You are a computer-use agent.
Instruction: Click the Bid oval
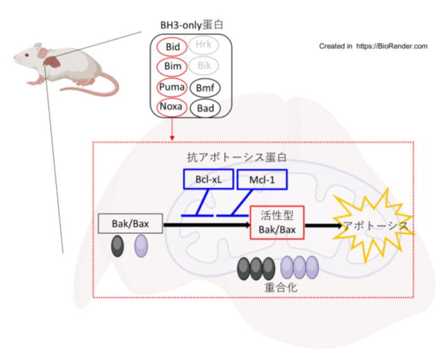172,46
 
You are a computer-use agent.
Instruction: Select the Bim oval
172,66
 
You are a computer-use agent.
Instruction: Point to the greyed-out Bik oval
204,66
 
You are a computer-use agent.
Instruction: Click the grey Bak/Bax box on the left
129,223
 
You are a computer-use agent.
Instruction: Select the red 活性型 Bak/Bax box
276,223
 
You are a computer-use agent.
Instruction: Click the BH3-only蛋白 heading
192,25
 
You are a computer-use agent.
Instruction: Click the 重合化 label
278,288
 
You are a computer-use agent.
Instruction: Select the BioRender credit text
373,46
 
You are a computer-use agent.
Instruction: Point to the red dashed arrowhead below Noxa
172,138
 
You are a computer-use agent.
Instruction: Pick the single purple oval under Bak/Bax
142,246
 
